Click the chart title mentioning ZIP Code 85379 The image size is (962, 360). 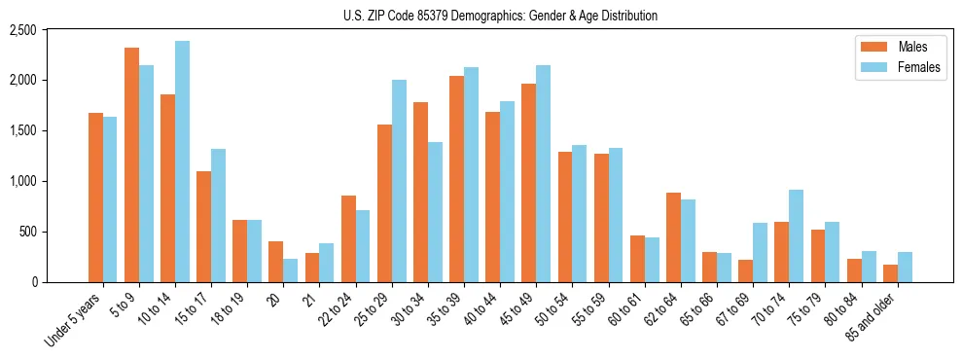click(x=500, y=16)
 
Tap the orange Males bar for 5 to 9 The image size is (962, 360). click(x=131, y=165)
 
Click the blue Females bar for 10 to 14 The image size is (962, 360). click(x=182, y=162)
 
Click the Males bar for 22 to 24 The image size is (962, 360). click(x=348, y=239)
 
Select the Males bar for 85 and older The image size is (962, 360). click(x=890, y=273)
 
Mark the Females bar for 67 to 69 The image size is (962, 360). click(x=761, y=253)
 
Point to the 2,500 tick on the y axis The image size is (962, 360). click(x=50, y=30)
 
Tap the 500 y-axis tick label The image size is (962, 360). click(x=54, y=232)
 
